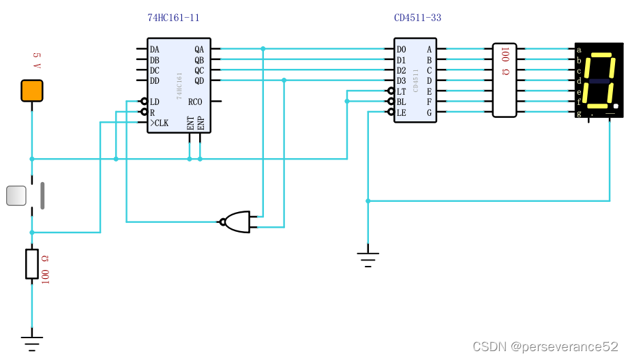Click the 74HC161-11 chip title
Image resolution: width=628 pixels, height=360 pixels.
click(174, 18)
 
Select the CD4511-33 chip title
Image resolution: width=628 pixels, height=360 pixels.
click(417, 18)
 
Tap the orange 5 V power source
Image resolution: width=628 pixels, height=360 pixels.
click(31, 91)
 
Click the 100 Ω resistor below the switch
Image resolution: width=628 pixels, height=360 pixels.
click(31, 264)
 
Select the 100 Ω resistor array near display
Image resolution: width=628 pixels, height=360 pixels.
click(505, 80)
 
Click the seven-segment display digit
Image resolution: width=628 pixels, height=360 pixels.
click(599, 80)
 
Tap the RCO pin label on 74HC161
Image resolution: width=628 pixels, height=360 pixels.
click(195, 102)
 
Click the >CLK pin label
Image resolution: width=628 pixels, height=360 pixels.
click(159, 123)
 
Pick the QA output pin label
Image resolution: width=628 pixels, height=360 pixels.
click(199, 50)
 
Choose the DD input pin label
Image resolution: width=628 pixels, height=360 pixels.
click(155, 81)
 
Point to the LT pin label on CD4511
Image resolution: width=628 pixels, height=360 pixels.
click(401, 91)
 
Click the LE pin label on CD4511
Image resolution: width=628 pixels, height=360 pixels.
click(401, 112)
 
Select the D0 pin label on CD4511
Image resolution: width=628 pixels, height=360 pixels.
click(401, 50)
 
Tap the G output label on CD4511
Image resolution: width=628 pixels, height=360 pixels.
click(429, 112)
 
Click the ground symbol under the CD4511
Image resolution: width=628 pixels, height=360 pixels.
click(368, 257)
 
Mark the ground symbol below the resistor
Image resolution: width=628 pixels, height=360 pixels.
click(31, 340)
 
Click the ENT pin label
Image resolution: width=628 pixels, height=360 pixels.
click(190, 123)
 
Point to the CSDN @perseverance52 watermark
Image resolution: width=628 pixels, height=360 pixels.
click(545, 347)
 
